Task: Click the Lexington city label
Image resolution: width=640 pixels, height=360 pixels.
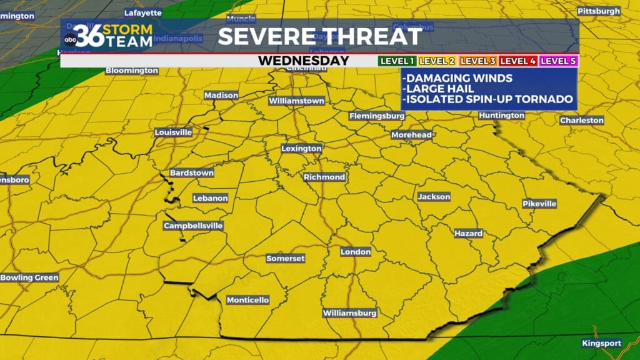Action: (x=301, y=149)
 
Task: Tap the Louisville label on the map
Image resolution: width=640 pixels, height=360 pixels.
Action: (x=173, y=132)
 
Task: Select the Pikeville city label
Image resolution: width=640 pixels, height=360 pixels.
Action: (x=539, y=204)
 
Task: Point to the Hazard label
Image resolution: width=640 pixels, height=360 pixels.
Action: (x=468, y=233)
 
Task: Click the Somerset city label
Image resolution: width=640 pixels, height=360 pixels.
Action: (x=285, y=258)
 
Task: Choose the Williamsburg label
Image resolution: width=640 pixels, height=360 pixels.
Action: (x=349, y=312)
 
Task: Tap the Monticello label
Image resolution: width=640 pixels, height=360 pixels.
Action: (x=247, y=300)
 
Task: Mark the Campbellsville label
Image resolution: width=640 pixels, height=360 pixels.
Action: (x=193, y=226)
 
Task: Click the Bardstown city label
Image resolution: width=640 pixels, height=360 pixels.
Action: (x=191, y=172)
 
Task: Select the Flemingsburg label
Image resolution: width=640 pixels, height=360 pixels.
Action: (x=377, y=116)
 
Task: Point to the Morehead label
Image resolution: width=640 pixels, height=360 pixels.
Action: (x=411, y=134)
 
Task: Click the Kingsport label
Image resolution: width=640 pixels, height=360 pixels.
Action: (x=601, y=343)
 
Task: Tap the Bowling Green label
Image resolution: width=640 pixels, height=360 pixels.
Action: (x=29, y=277)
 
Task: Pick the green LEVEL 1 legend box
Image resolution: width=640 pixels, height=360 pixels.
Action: (x=397, y=61)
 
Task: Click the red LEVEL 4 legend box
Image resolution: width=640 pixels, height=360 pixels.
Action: (x=518, y=61)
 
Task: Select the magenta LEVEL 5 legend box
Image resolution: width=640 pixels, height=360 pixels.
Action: (x=559, y=61)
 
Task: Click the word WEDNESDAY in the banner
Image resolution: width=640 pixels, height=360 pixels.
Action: (x=303, y=61)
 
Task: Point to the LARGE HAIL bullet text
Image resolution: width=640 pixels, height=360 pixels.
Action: (x=442, y=89)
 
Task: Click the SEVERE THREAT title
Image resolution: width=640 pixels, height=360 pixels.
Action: (x=319, y=36)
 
